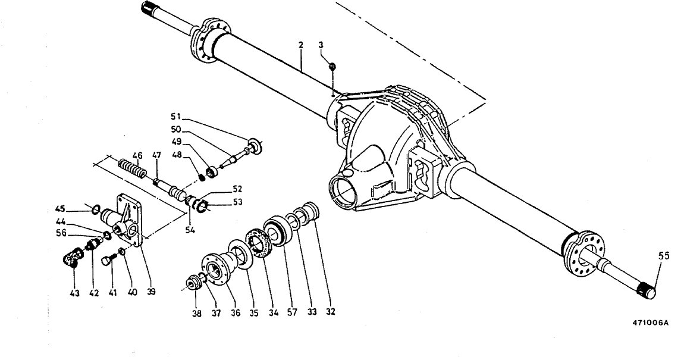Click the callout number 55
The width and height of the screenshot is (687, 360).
(x=664, y=256)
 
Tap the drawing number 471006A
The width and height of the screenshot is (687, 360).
(x=650, y=323)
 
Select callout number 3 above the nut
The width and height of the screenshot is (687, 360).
(x=321, y=45)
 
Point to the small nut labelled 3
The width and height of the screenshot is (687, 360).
(x=332, y=66)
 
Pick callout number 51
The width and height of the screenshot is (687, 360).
(x=175, y=116)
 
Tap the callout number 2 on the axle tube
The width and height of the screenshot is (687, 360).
(x=301, y=45)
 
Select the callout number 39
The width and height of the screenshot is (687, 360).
(x=151, y=292)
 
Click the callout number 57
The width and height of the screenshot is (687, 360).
(x=292, y=312)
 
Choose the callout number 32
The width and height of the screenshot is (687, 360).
(x=330, y=312)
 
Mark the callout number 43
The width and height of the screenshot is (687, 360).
(x=74, y=293)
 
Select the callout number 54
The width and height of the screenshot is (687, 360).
(x=189, y=230)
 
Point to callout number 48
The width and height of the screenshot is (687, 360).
(x=177, y=155)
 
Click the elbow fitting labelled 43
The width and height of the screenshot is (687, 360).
(x=70, y=258)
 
